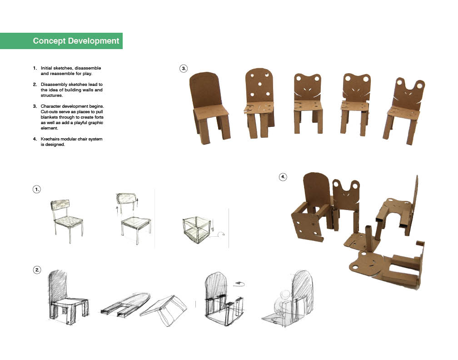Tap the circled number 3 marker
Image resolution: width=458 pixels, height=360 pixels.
click(184, 69)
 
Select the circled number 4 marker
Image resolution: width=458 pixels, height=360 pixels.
click(283, 177)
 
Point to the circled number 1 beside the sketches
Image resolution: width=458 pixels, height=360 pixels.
click(36, 190)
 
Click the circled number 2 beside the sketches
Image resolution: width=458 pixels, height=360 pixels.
click(37, 270)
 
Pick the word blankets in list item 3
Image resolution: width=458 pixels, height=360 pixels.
click(50, 117)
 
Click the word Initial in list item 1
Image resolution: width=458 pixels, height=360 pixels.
click(46, 68)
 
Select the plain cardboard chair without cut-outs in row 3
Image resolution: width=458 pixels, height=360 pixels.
click(209, 108)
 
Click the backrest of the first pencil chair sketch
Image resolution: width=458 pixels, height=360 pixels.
click(60, 205)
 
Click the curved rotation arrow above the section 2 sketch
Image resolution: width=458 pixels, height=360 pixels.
click(239, 283)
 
